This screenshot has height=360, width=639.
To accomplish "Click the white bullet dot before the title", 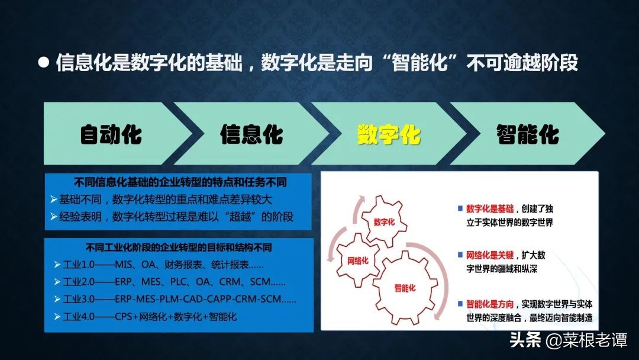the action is click(44, 62).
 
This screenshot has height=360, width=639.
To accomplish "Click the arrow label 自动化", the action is click(111, 134).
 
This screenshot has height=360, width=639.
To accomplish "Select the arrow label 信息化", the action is click(251, 134).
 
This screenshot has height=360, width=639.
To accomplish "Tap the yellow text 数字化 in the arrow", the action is click(388, 134).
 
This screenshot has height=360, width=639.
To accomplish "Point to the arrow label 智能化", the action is click(528, 134).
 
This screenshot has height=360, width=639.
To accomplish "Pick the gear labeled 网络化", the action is click(357, 260).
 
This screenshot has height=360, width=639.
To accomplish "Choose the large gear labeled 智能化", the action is click(405, 287).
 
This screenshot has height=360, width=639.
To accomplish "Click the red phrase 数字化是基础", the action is click(490, 209).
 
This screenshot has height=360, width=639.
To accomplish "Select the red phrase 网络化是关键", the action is click(490, 255).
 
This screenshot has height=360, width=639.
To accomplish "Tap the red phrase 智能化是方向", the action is click(490, 304).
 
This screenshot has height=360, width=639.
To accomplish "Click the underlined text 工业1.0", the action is click(79, 265).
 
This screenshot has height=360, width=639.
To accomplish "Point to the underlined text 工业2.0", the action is click(79, 282).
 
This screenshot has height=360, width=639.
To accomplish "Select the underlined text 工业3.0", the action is click(79, 299).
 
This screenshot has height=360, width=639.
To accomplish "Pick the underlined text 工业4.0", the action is click(79, 316).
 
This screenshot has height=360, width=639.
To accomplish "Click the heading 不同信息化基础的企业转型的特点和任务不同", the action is click(180, 182).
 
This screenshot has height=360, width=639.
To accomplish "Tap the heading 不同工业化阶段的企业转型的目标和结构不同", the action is click(179, 247).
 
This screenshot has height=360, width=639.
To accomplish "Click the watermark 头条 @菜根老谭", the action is click(569, 340).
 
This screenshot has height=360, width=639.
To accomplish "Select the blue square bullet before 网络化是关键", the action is click(460, 255).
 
